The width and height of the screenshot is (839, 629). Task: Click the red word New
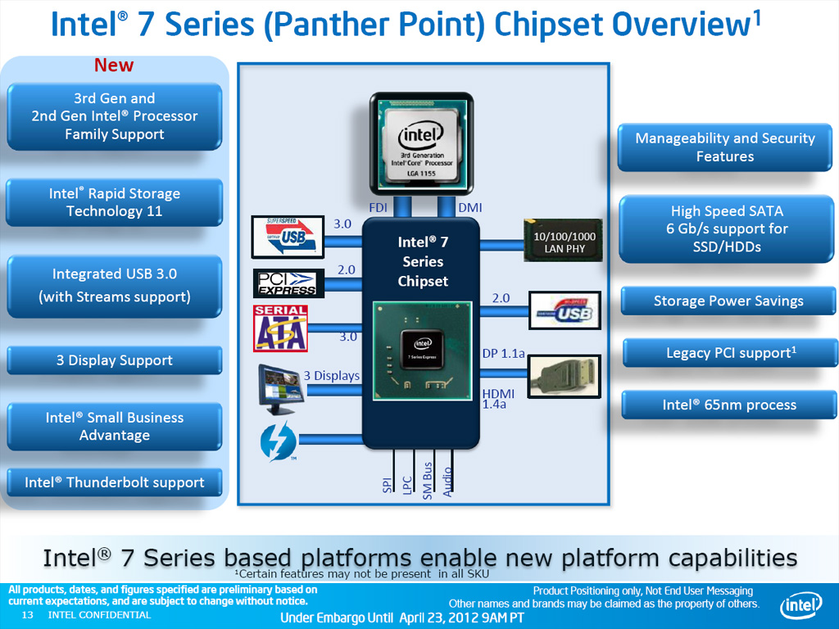click(x=114, y=65)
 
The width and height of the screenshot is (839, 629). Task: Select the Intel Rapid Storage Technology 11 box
click(x=114, y=202)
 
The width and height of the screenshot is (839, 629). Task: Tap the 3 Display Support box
click(x=114, y=360)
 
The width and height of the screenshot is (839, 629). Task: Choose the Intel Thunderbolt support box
click(x=114, y=482)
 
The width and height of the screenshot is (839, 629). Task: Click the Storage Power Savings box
click(x=728, y=301)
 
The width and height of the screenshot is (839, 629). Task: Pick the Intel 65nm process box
click(x=728, y=405)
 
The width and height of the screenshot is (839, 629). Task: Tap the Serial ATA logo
click(x=280, y=328)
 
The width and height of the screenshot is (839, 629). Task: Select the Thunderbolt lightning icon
click(x=273, y=442)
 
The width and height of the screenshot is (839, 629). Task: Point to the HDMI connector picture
click(x=563, y=376)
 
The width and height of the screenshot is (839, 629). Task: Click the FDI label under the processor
click(x=378, y=208)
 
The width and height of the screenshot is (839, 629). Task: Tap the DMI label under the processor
click(x=469, y=208)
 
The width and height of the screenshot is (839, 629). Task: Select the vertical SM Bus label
click(x=427, y=480)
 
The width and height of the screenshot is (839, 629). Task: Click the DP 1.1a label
click(x=502, y=353)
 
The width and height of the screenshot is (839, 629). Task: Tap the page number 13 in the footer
click(x=26, y=615)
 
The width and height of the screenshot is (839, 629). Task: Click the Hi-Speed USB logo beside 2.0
click(x=565, y=312)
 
